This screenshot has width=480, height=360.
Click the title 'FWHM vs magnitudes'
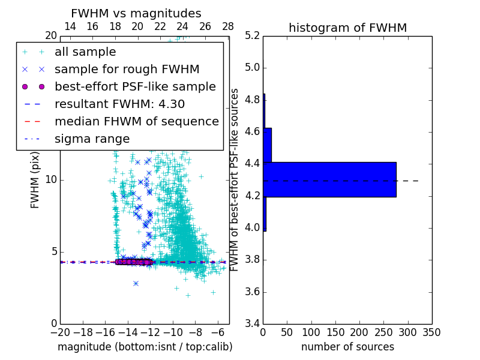[x=136, y=14]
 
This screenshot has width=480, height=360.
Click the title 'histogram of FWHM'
[x=347, y=28]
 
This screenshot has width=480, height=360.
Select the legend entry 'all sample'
[x=85, y=52]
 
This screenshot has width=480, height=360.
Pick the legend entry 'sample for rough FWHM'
[x=127, y=69]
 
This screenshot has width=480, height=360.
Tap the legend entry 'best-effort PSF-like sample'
[x=135, y=86]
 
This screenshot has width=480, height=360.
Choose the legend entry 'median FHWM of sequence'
[x=136, y=121]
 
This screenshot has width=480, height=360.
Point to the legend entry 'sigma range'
[x=92, y=139]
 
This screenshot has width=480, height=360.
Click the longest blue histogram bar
[x=329, y=179]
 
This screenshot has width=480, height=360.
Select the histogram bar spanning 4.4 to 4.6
[x=267, y=145]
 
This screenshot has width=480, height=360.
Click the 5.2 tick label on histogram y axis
[x=253, y=35]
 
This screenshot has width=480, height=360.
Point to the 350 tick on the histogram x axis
[x=432, y=332]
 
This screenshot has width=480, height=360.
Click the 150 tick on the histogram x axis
[x=335, y=332]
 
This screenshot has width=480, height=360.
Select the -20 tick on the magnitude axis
[x=60, y=332]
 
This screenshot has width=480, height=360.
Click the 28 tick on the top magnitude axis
[x=228, y=26]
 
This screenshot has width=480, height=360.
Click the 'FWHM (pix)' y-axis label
[x=35, y=179]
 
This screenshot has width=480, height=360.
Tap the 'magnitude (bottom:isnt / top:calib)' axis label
[x=145, y=347]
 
